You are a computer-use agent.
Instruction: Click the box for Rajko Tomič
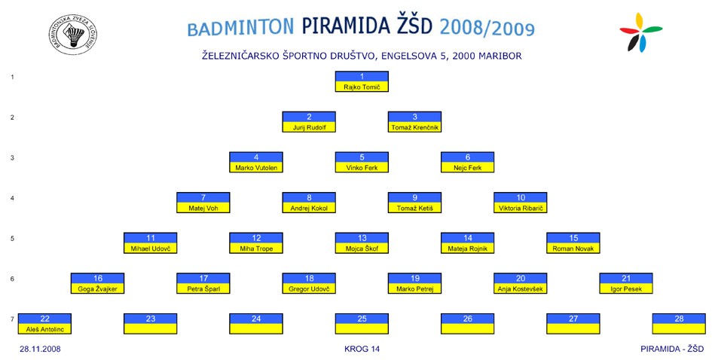pyautogui.click(x=362, y=81)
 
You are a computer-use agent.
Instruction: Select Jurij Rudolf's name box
pyautogui.click(x=309, y=122)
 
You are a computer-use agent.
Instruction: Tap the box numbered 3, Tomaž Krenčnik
pyautogui.click(x=414, y=122)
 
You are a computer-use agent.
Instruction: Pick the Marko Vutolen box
pyautogui.click(x=256, y=162)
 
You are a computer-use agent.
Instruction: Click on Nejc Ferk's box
pyautogui.click(x=468, y=162)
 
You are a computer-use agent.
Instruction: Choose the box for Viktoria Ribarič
pyautogui.click(x=521, y=203)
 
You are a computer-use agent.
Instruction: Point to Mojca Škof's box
pyautogui.click(x=362, y=243)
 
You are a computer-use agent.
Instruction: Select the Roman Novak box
pyautogui.click(x=573, y=243)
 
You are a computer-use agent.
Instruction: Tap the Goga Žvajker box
pyautogui.click(x=98, y=283)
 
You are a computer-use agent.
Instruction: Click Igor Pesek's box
pyautogui.click(x=626, y=283)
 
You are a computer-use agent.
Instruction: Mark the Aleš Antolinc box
pyautogui.click(x=44, y=324)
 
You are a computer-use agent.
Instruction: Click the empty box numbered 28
pyautogui.click(x=680, y=324)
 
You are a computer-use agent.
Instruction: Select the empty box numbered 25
pyautogui.click(x=362, y=324)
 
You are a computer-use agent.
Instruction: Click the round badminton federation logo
pyautogui.click(x=73, y=35)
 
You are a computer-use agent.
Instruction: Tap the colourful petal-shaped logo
pyautogui.click(x=640, y=32)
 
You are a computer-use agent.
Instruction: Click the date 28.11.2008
pyautogui.click(x=40, y=349)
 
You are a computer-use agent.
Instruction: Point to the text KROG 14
pyautogui.click(x=362, y=349)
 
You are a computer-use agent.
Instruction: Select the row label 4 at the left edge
pyautogui.click(x=13, y=198)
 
